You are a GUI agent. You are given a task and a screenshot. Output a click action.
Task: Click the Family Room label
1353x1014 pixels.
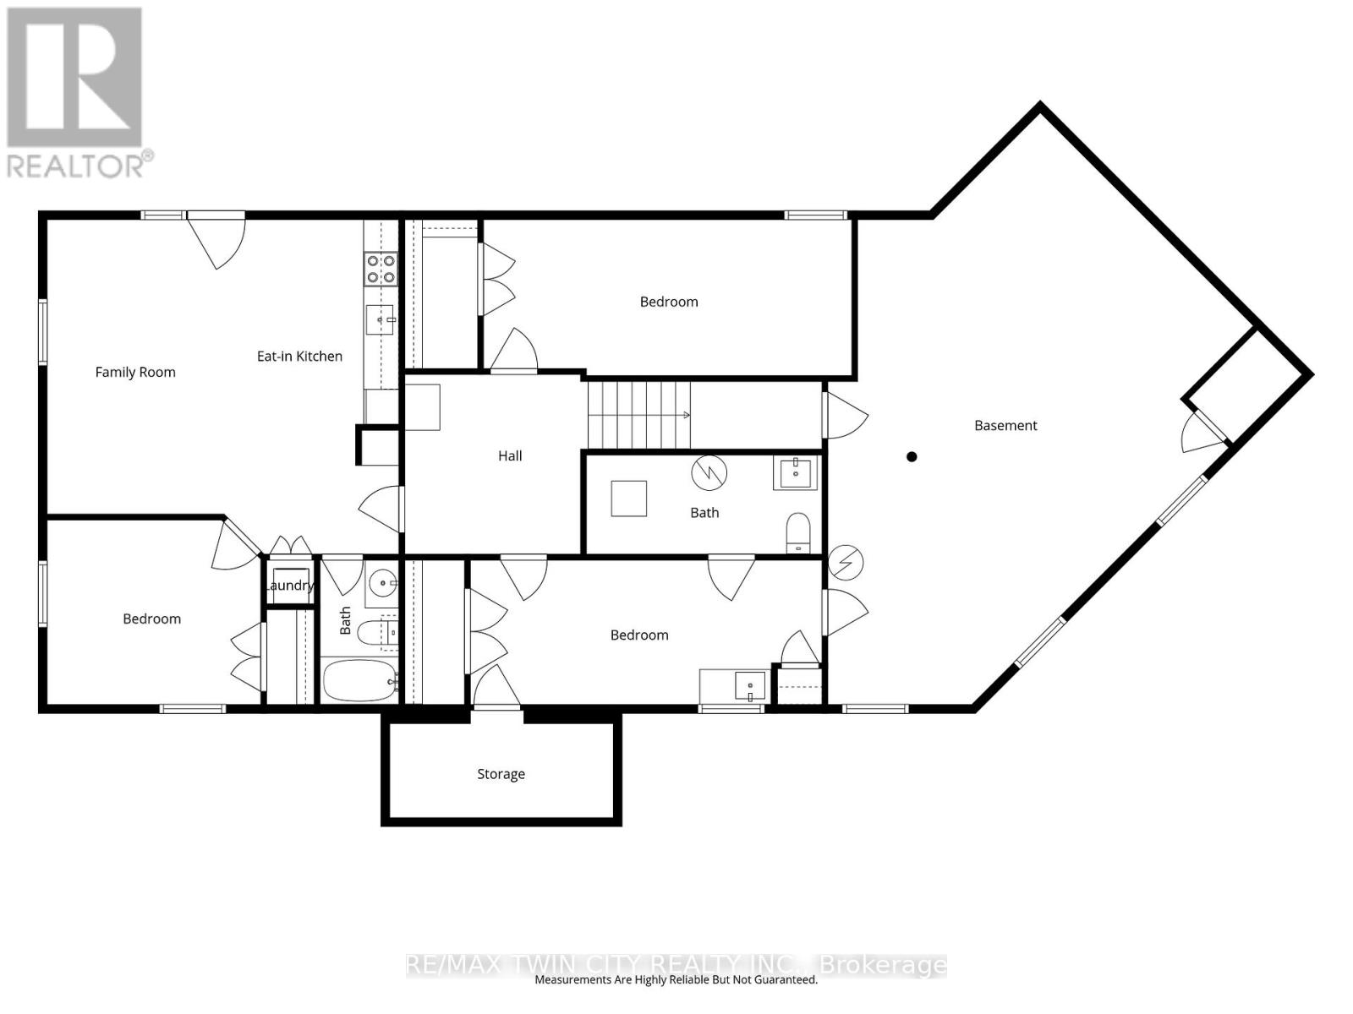pos(135,372)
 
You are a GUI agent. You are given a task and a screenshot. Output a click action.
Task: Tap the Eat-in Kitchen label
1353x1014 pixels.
pos(299,357)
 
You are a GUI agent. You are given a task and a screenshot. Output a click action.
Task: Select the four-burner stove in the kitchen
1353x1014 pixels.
pos(380,268)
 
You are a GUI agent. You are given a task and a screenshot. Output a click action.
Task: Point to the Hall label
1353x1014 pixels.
pos(510,456)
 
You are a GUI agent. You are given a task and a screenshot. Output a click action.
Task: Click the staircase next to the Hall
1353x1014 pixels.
pos(639,415)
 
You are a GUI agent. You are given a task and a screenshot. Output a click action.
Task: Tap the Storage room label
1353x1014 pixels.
pos(501,774)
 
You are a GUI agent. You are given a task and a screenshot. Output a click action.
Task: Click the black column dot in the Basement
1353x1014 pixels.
pos(912,457)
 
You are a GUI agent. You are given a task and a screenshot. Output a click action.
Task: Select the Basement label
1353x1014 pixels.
pos(1005,426)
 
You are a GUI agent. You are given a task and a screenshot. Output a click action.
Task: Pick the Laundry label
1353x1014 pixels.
pos(289,586)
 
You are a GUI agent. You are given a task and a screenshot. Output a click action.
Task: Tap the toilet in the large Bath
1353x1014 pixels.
pos(798,532)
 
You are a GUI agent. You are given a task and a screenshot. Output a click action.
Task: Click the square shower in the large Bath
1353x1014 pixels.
pos(629,499)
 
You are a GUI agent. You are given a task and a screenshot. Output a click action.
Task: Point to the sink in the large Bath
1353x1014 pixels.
pos(795,473)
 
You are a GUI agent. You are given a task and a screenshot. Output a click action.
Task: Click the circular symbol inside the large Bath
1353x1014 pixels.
pos(709,473)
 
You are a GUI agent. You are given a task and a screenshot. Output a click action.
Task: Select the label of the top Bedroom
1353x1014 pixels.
pos(669,302)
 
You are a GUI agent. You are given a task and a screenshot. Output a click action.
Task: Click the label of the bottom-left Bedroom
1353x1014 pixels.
pos(152,619)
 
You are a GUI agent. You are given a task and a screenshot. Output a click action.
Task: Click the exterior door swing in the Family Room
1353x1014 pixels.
pos(217,243)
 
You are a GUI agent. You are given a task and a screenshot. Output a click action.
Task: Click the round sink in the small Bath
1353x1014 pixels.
pos(384,582)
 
